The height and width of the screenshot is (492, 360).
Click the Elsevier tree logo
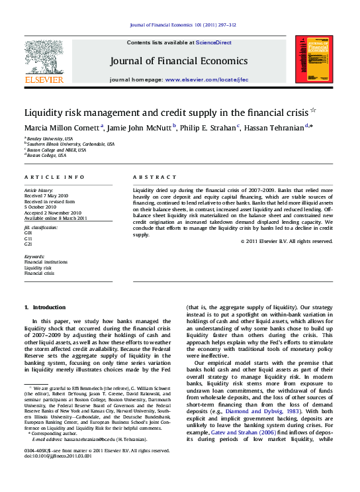44,57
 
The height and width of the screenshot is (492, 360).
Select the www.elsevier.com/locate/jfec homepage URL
206,79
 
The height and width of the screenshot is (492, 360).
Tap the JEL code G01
28,233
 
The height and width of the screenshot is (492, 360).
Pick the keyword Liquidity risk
38,268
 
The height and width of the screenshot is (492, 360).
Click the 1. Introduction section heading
45,307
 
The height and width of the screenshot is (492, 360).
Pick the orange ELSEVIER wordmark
44,79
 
